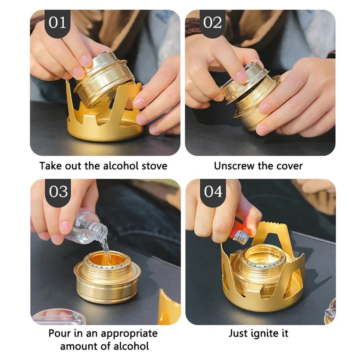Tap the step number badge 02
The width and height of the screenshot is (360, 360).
[213, 23]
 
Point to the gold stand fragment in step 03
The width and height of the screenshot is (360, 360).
[168, 307]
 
